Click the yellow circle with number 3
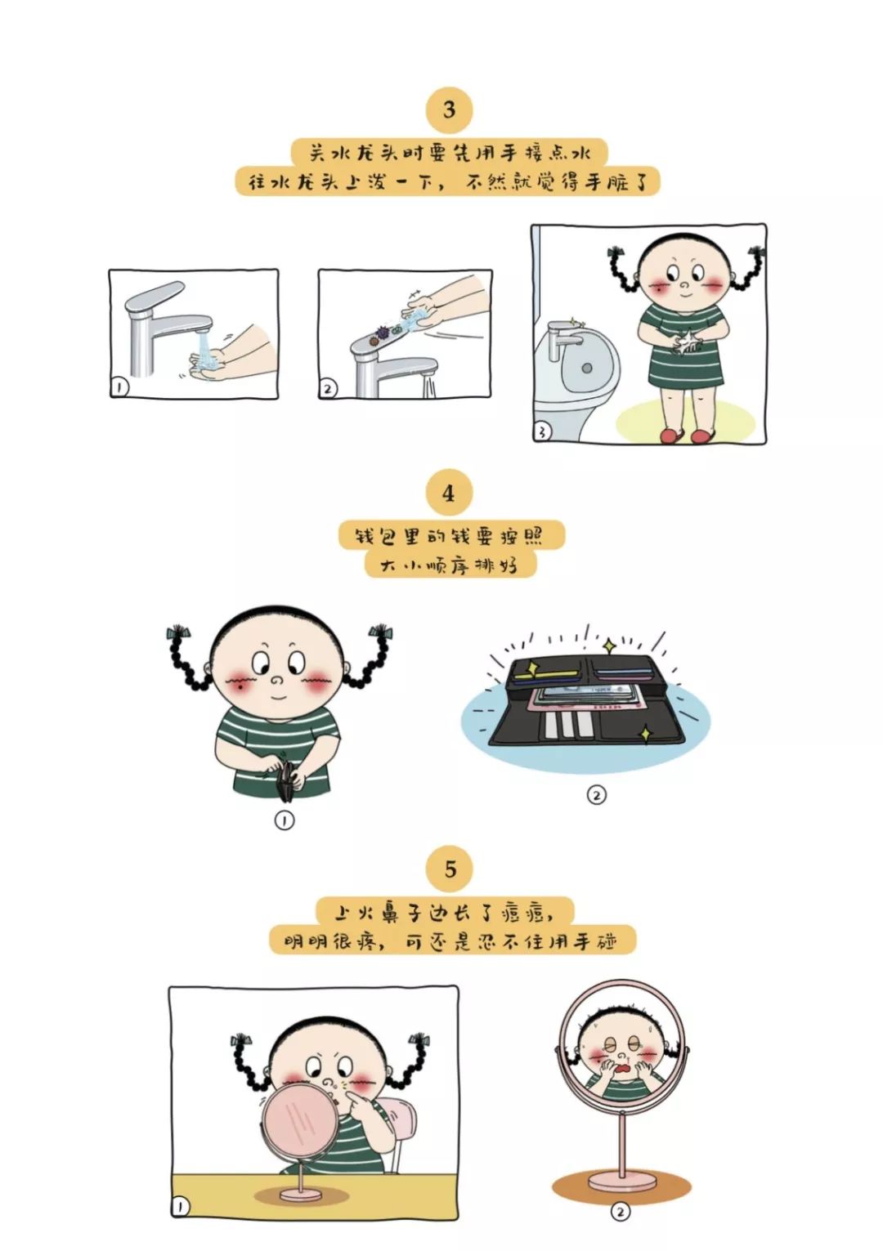pyautogui.click(x=450, y=110)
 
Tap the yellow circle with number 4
pyautogui.click(x=449, y=494)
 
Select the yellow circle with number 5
pyautogui.click(x=450, y=869)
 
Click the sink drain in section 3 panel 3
pyautogui.click(x=586, y=369)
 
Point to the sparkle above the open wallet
pyautogui.click(x=609, y=646)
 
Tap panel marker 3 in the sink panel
pyautogui.click(x=543, y=431)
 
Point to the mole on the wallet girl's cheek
pyautogui.click(x=240, y=687)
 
